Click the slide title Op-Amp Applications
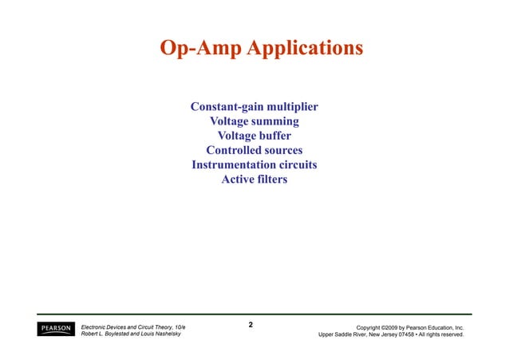tap(261, 48)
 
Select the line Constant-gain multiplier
tap(254, 107)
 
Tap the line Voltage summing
tap(254, 121)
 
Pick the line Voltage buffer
tap(254, 136)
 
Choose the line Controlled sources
tap(254, 150)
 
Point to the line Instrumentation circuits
tap(254, 164)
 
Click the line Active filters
tap(254, 179)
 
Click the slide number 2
tap(251, 325)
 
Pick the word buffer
tap(273, 136)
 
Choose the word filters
tap(271, 179)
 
